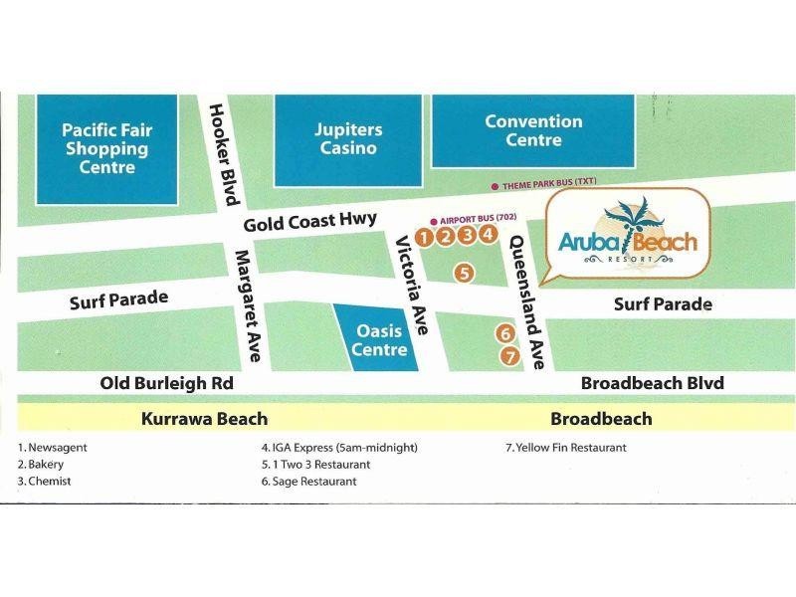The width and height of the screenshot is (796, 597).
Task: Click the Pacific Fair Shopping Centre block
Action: click(x=105, y=147)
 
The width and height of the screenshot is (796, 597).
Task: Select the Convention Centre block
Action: click(x=533, y=130)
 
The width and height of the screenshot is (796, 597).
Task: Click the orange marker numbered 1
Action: click(x=424, y=236)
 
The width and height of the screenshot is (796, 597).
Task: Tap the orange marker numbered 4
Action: click(x=487, y=235)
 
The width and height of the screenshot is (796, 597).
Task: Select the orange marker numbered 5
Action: click(x=463, y=272)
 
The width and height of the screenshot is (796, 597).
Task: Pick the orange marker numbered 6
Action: click(x=505, y=334)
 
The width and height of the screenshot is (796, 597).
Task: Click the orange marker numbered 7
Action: click(x=510, y=355)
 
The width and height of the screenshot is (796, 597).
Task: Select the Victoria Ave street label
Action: click(x=411, y=287)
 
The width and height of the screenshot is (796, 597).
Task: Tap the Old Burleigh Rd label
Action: click(x=167, y=383)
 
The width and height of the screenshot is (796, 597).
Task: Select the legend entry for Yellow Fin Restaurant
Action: click(x=566, y=448)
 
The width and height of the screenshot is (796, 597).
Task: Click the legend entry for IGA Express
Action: click(x=338, y=448)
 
